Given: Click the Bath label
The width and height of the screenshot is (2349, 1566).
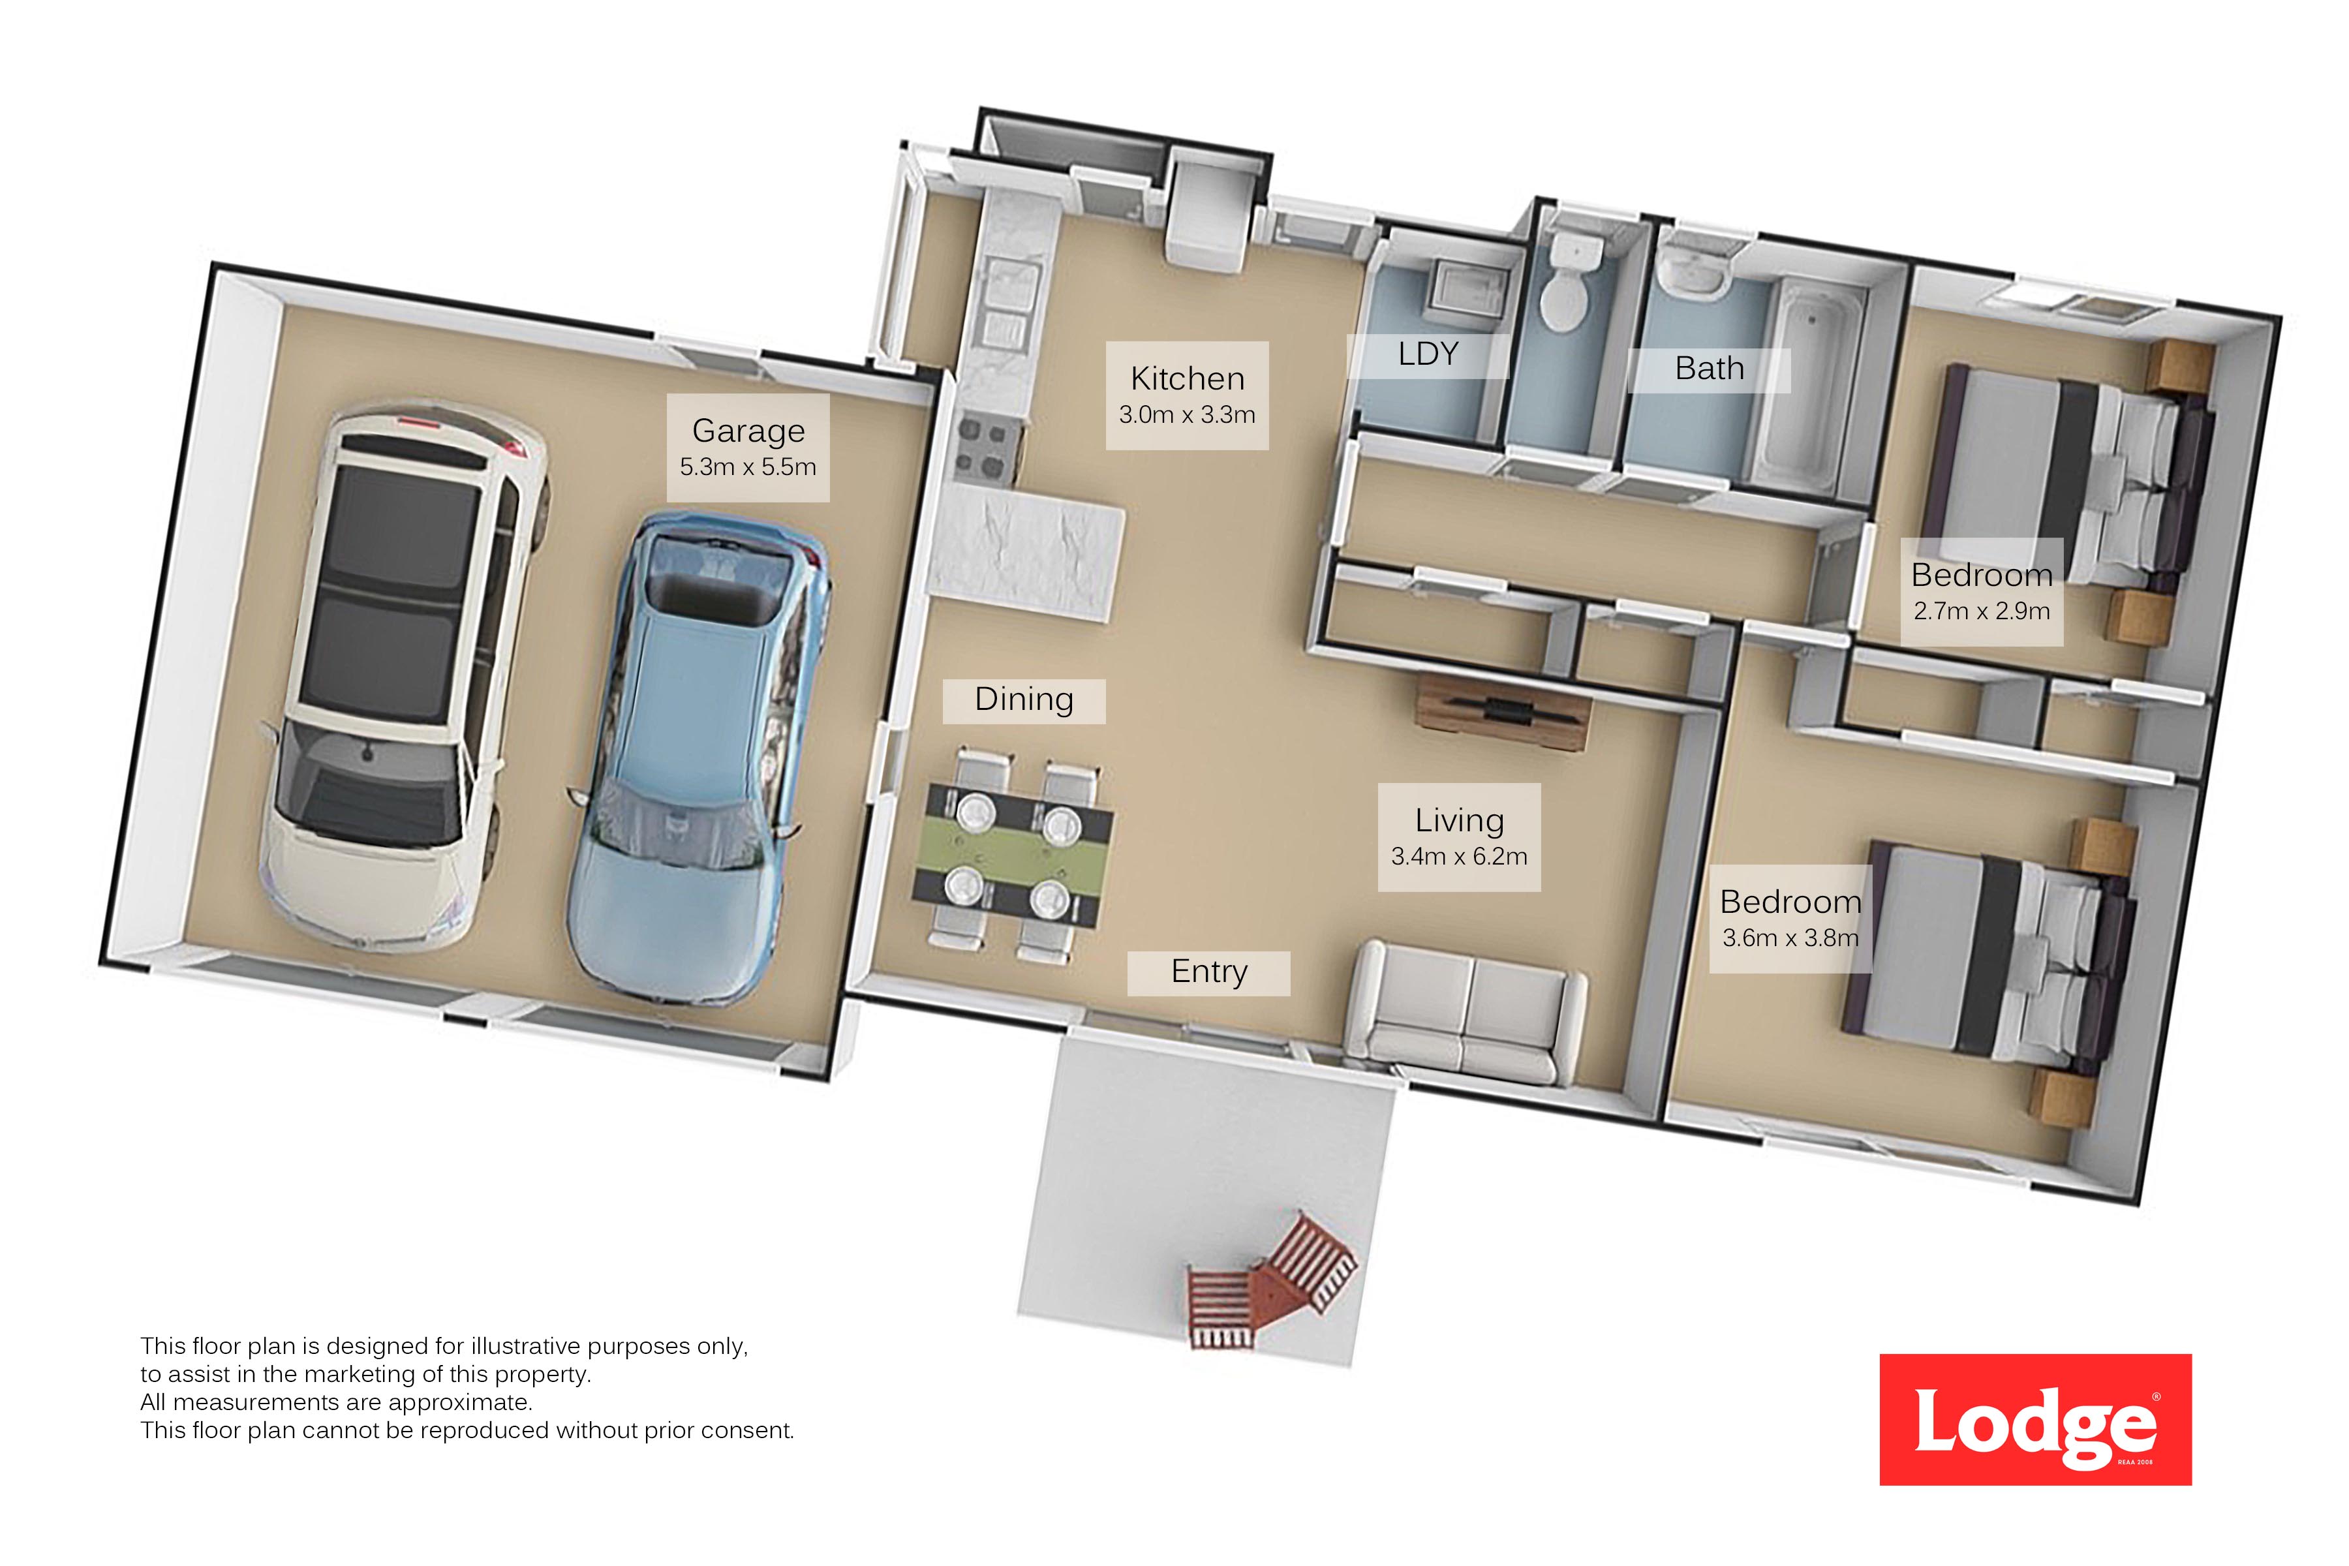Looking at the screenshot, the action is [1709, 369].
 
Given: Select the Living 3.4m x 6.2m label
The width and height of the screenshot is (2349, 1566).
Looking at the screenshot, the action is [1459, 837].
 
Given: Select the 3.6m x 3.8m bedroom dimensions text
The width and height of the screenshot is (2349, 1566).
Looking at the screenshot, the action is [1790, 938].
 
